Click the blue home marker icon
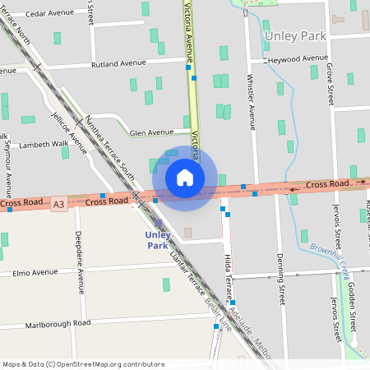point(184,178)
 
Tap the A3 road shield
point(58,203)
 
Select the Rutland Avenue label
point(118,63)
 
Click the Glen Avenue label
point(151,132)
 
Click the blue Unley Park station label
point(158,240)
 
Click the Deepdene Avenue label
point(80,263)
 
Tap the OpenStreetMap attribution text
point(84,364)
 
